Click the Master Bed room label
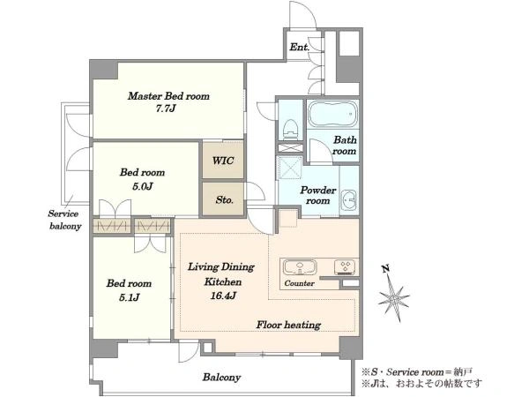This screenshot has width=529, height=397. pyautogui.click(x=168, y=96)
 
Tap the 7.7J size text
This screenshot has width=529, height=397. pyautogui.click(x=166, y=109)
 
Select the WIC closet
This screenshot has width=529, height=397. pyautogui.click(x=223, y=160)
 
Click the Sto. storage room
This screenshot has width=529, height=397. pyautogui.click(x=223, y=198)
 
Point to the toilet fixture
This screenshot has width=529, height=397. pyautogui.click(x=289, y=130)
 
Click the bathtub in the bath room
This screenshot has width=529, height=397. pyautogui.click(x=333, y=114)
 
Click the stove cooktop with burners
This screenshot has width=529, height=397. pyautogui.click(x=345, y=266)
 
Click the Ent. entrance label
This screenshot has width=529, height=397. pyautogui.click(x=299, y=47)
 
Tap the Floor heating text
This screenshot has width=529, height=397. pyautogui.click(x=288, y=325)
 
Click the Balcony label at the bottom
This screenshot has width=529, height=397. pyautogui.click(x=221, y=377)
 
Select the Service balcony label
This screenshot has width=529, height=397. pyautogui.click(x=64, y=220)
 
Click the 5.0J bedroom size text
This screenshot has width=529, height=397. pyautogui.click(x=143, y=186)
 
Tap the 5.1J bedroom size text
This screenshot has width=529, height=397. pyautogui.click(x=130, y=297)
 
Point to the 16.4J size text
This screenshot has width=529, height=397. pyautogui.click(x=223, y=296)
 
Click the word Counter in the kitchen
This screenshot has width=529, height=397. pyautogui.click(x=299, y=283)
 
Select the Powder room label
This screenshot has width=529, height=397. pyautogui.click(x=318, y=195)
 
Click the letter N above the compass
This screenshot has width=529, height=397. pyautogui.click(x=386, y=269)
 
